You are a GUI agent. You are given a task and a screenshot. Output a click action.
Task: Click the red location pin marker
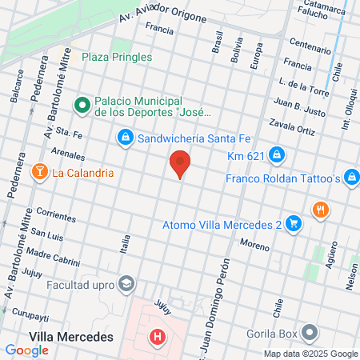(x=181, y=163)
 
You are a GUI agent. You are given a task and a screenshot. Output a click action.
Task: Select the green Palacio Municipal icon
(x=82, y=105)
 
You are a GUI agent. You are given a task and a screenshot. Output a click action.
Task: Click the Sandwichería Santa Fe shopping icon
(x=125, y=139)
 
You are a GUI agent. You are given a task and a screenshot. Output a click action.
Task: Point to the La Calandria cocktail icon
(x=38, y=172)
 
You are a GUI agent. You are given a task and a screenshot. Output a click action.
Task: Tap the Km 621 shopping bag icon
(x=275, y=154)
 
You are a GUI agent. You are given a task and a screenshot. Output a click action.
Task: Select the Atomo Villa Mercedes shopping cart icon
(x=294, y=224)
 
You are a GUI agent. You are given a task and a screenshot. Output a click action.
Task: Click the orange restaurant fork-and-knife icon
(x=321, y=210)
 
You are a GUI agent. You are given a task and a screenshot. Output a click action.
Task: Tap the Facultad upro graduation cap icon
(x=126, y=283)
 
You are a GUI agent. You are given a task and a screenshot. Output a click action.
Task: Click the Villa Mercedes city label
(x=70, y=337)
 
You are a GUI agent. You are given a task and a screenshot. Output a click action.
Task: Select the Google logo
(x=26, y=350)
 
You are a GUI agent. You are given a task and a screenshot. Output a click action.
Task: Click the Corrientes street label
(x=56, y=216)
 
